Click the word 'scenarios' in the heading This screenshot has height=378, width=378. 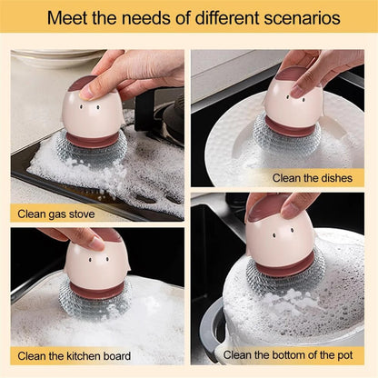click(x=299, y=17)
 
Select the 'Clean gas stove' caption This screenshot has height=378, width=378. click(x=56, y=214)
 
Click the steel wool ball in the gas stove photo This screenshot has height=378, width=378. click(x=91, y=150)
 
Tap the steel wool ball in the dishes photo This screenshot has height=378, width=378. click(x=285, y=136)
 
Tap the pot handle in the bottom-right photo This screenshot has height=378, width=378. click(x=211, y=327)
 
